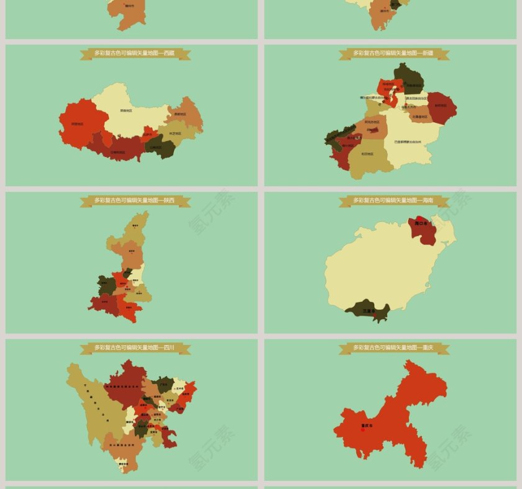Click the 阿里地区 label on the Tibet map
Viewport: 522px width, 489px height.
(77, 123)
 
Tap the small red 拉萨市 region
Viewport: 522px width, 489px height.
(147, 133)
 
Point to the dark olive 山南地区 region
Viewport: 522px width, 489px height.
(156, 147)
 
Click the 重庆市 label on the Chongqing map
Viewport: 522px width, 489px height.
(368, 426)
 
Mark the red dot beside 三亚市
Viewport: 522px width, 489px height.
(375, 315)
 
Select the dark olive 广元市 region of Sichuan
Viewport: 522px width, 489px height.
(164, 384)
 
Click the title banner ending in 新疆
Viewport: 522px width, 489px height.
(394, 54)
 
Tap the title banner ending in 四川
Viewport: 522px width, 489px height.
(135, 348)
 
